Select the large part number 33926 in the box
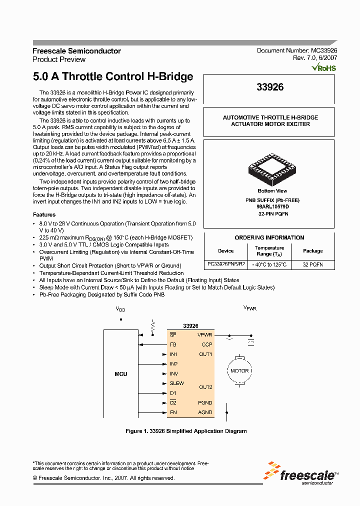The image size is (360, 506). pos(270,87)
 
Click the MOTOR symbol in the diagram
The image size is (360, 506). pos(239,371)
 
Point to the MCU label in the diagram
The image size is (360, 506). pos(120,374)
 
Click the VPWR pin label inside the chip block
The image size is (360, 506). pos(205,335)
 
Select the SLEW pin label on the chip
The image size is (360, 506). pos(176,383)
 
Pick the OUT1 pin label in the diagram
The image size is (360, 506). pos(205,354)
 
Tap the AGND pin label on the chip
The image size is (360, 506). pos(205,412)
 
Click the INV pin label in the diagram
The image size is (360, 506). pos(174,374)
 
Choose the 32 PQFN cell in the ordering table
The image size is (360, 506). pos(313,263)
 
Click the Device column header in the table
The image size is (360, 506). pos(226,251)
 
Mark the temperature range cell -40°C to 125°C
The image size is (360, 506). pos(269,263)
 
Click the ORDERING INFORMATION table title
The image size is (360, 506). pos(269,237)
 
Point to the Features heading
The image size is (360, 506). pos(44,214)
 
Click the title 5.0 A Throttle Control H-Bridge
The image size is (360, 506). pos(113,77)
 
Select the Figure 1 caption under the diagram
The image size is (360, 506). pos(185,431)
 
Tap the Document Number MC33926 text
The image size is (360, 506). pos(297,51)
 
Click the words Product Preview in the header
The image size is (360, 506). pos(59,59)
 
